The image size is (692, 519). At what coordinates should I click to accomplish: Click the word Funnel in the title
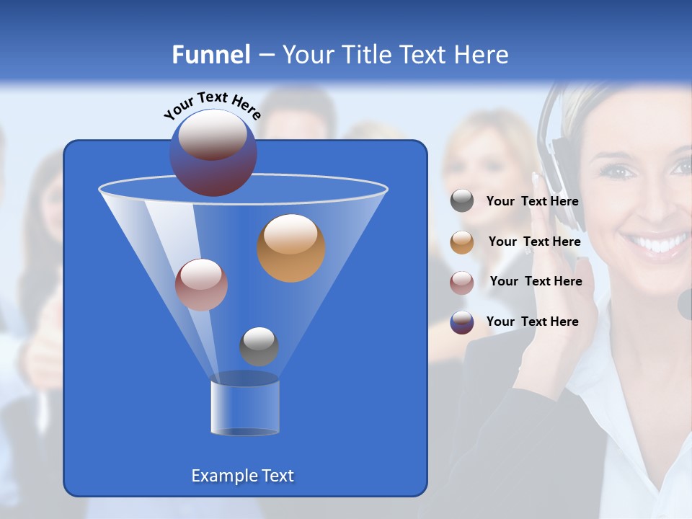point(210,55)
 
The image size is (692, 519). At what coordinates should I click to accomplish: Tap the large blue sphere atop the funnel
point(213,152)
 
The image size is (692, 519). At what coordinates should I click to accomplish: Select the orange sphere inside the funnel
point(290,248)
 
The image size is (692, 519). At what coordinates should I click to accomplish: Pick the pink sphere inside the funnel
point(201,285)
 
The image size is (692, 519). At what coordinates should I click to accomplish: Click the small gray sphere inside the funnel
point(259,346)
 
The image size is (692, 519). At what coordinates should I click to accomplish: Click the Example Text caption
point(242,476)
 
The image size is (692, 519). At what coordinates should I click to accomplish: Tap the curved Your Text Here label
point(213,105)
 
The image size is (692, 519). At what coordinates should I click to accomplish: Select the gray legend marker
point(462,201)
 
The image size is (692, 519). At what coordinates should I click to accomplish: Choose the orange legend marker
point(462,242)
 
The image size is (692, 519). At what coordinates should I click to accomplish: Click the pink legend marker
point(462,282)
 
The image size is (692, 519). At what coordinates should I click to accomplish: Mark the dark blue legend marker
point(462,322)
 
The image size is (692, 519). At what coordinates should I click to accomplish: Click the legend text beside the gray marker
point(532,202)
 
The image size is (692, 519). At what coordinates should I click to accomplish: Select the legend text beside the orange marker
point(534,242)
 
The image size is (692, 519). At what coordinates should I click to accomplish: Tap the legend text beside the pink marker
point(536,282)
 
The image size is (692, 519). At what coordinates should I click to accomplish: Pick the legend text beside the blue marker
point(532,322)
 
